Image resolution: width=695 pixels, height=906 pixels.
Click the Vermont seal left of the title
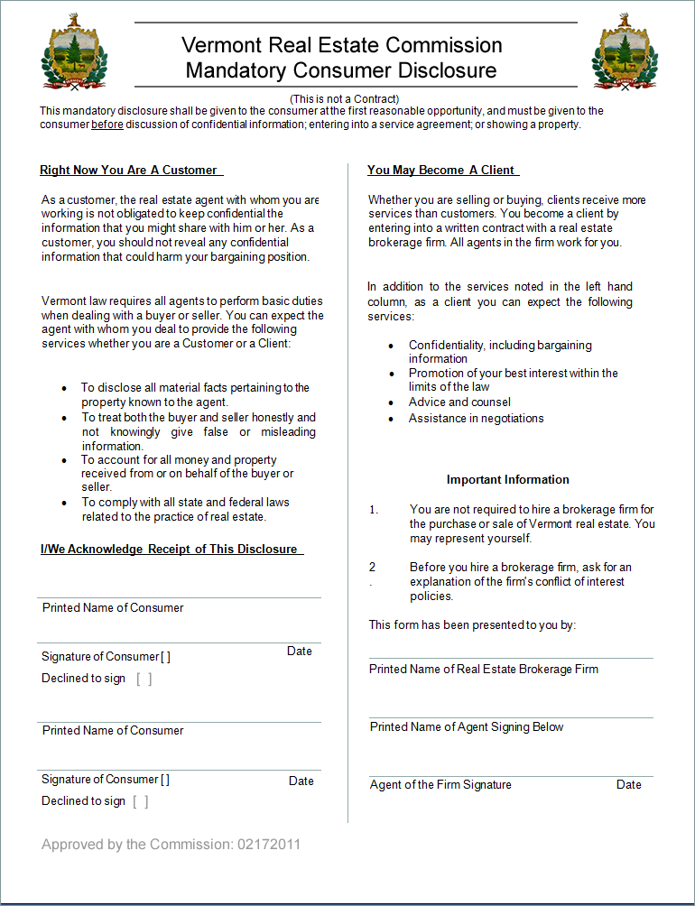pyautogui.click(x=74, y=53)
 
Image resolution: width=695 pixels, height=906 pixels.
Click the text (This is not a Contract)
pyautogui.click(x=344, y=98)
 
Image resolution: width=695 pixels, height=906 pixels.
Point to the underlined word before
pyautogui.click(x=107, y=125)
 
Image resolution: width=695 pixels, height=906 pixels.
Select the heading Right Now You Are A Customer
pyautogui.click(x=129, y=170)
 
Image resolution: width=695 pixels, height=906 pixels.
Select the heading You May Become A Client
pyautogui.click(x=441, y=170)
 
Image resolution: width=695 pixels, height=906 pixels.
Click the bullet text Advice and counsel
pyautogui.click(x=459, y=402)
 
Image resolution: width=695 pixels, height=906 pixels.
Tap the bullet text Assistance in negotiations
pyautogui.click(x=476, y=418)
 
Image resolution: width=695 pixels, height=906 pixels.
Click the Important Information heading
pyautogui.click(x=507, y=479)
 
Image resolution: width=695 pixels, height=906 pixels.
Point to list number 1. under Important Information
pyautogui.click(x=374, y=510)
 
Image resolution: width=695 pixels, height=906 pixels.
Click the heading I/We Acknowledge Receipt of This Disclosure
pyautogui.click(x=170, y=549)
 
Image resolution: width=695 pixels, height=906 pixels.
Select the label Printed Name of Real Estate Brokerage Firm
pyautogui.click(x=484, y=669)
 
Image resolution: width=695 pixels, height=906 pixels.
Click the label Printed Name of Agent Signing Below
pyautogui.click(x=467, y=726)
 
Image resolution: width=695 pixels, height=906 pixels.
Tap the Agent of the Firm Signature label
pyautogui.click(x=440, y=784)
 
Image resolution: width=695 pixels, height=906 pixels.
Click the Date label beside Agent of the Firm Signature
pyautogui.click(x=628, y=784)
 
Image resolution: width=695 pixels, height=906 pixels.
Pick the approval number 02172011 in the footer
pyautogui.click(x=269, y=845)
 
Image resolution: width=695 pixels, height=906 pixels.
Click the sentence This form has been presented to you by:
pyautogui.click(x=472, y=624)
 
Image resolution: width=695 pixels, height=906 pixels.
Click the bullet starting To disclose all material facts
pyautogui.click(x=195, y=394)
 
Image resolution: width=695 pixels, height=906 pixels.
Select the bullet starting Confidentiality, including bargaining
pyautogui.click(x=500, y=352)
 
